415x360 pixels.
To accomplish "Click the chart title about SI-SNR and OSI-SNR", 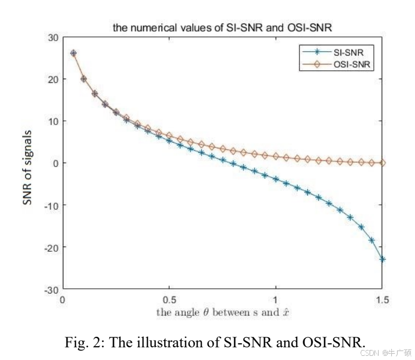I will [222, 27].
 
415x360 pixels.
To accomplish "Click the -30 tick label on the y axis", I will [51, 289].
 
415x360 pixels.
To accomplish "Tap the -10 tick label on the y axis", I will [51, 205].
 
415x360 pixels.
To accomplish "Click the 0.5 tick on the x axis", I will [169, 300].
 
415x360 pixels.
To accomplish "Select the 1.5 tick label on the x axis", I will [382, 300].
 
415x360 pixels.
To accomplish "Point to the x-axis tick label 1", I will [276, 300].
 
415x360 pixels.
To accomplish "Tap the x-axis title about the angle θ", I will [223, 312].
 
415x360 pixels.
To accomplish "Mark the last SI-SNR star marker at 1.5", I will [382, 259].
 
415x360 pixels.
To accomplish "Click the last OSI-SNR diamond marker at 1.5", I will [382, 163].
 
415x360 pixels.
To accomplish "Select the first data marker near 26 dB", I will [73, 53].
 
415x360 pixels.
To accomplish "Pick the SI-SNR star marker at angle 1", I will [276, 179].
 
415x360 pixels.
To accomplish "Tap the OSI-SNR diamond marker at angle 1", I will [276, 157].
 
